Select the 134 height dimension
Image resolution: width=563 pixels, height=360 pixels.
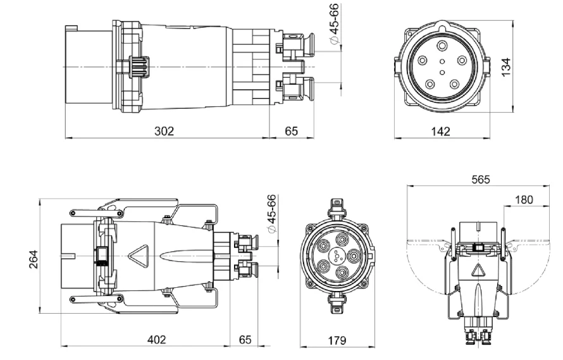(x=505, y=66)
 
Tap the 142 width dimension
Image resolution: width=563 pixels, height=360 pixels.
(x=440, y=131)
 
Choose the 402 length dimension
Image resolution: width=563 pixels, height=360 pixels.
(x=156, y=340)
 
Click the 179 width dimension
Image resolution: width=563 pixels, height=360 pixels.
(x=337, y=340)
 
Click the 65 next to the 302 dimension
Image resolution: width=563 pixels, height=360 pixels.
(x=292, y=131)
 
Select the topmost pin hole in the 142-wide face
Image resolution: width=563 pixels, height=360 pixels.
(x=441, y=46)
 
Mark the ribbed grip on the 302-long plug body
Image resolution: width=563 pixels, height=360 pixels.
(x=137, y=66)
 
